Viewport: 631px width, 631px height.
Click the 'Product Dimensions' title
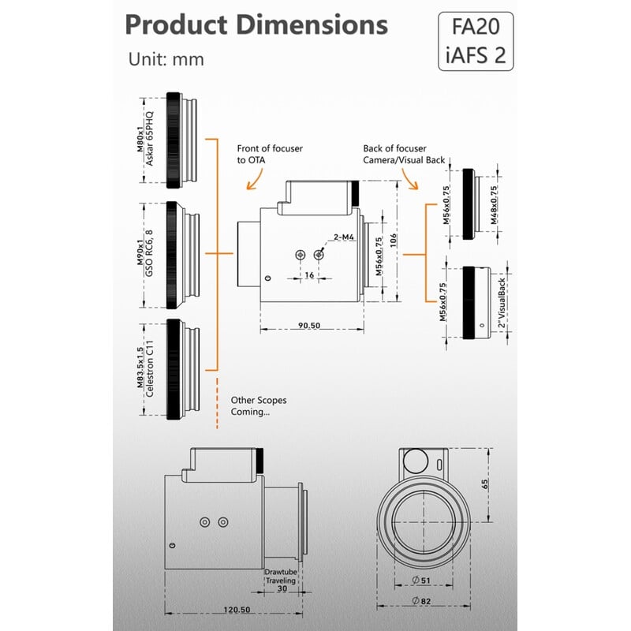coord(256,24)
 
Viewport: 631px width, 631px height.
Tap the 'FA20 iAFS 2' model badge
coord(476,41)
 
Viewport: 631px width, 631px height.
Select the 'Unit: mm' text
coord(166,59)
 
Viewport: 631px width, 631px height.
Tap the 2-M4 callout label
coord(343,236)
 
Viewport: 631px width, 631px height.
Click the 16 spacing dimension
coord(309,275)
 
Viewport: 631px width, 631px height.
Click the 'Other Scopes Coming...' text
coord(258,406)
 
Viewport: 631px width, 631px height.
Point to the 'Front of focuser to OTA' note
coord(269,154)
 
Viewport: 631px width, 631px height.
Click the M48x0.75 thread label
coord(495,203)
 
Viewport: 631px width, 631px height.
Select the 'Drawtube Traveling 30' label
coord(281,579)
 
